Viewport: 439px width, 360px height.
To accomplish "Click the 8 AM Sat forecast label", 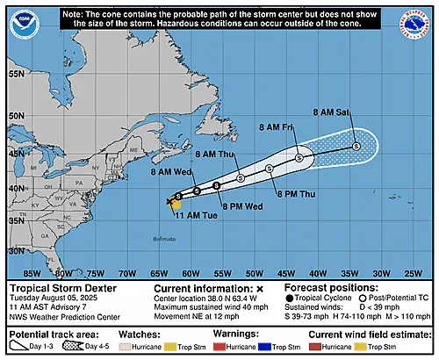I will pos(331,112).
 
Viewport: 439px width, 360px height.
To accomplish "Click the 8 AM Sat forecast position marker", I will pos(356,146).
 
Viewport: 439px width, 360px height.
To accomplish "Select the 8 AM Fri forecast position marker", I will pos(299,158).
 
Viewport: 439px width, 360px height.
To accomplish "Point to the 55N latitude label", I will pos(16,74).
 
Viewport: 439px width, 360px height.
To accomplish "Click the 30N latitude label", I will pos(16,251).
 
